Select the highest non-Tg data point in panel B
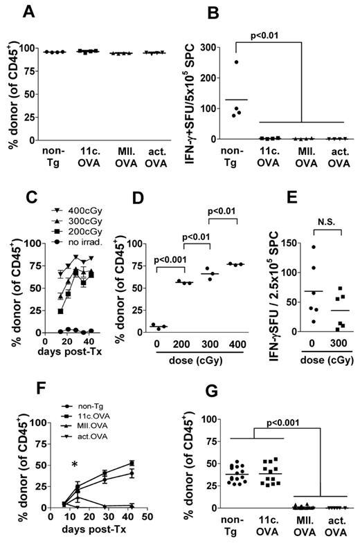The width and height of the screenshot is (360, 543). point(237,62)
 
